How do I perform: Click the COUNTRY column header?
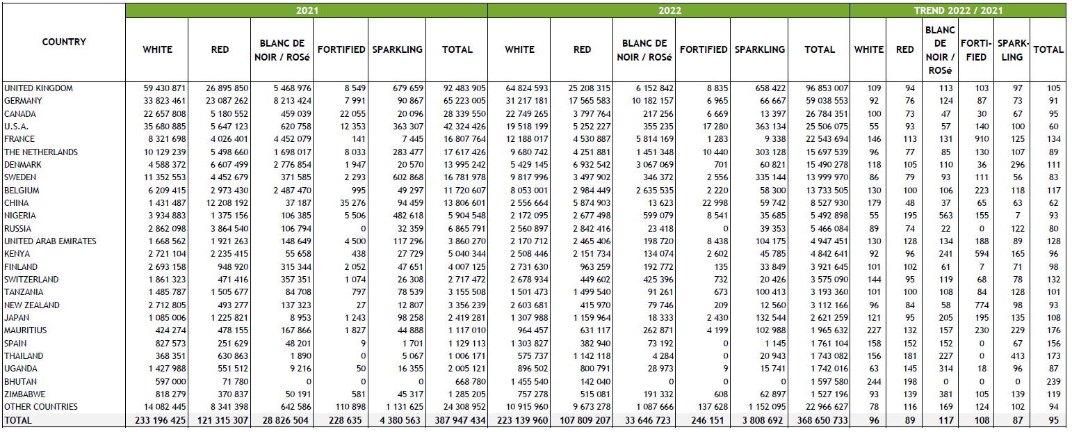[x=64, y=42]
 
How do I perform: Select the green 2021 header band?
[x=307, y=10]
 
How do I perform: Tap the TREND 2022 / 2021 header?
[x=958, y=10]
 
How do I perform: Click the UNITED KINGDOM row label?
[x=39, y=88]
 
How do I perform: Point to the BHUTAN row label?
[x=21, y=382]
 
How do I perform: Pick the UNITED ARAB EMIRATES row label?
[x=50, y=241]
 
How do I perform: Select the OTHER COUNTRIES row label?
[x=41, y=407]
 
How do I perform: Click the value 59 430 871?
[x=164, y=88]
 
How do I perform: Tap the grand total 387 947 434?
[x=460, y=420]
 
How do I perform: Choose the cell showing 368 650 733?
[x=822, y=420]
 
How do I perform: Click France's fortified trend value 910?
[x=982, y=139]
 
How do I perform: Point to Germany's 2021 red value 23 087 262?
[x=227, y=101]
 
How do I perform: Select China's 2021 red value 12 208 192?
[x=227, y=203]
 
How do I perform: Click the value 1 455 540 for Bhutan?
[x=529, y=382]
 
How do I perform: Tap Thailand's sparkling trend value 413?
[x=1018, y=356]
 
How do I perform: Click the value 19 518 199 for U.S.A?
[x=527, y=127]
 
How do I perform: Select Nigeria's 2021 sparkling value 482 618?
[x=408, y=216]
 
